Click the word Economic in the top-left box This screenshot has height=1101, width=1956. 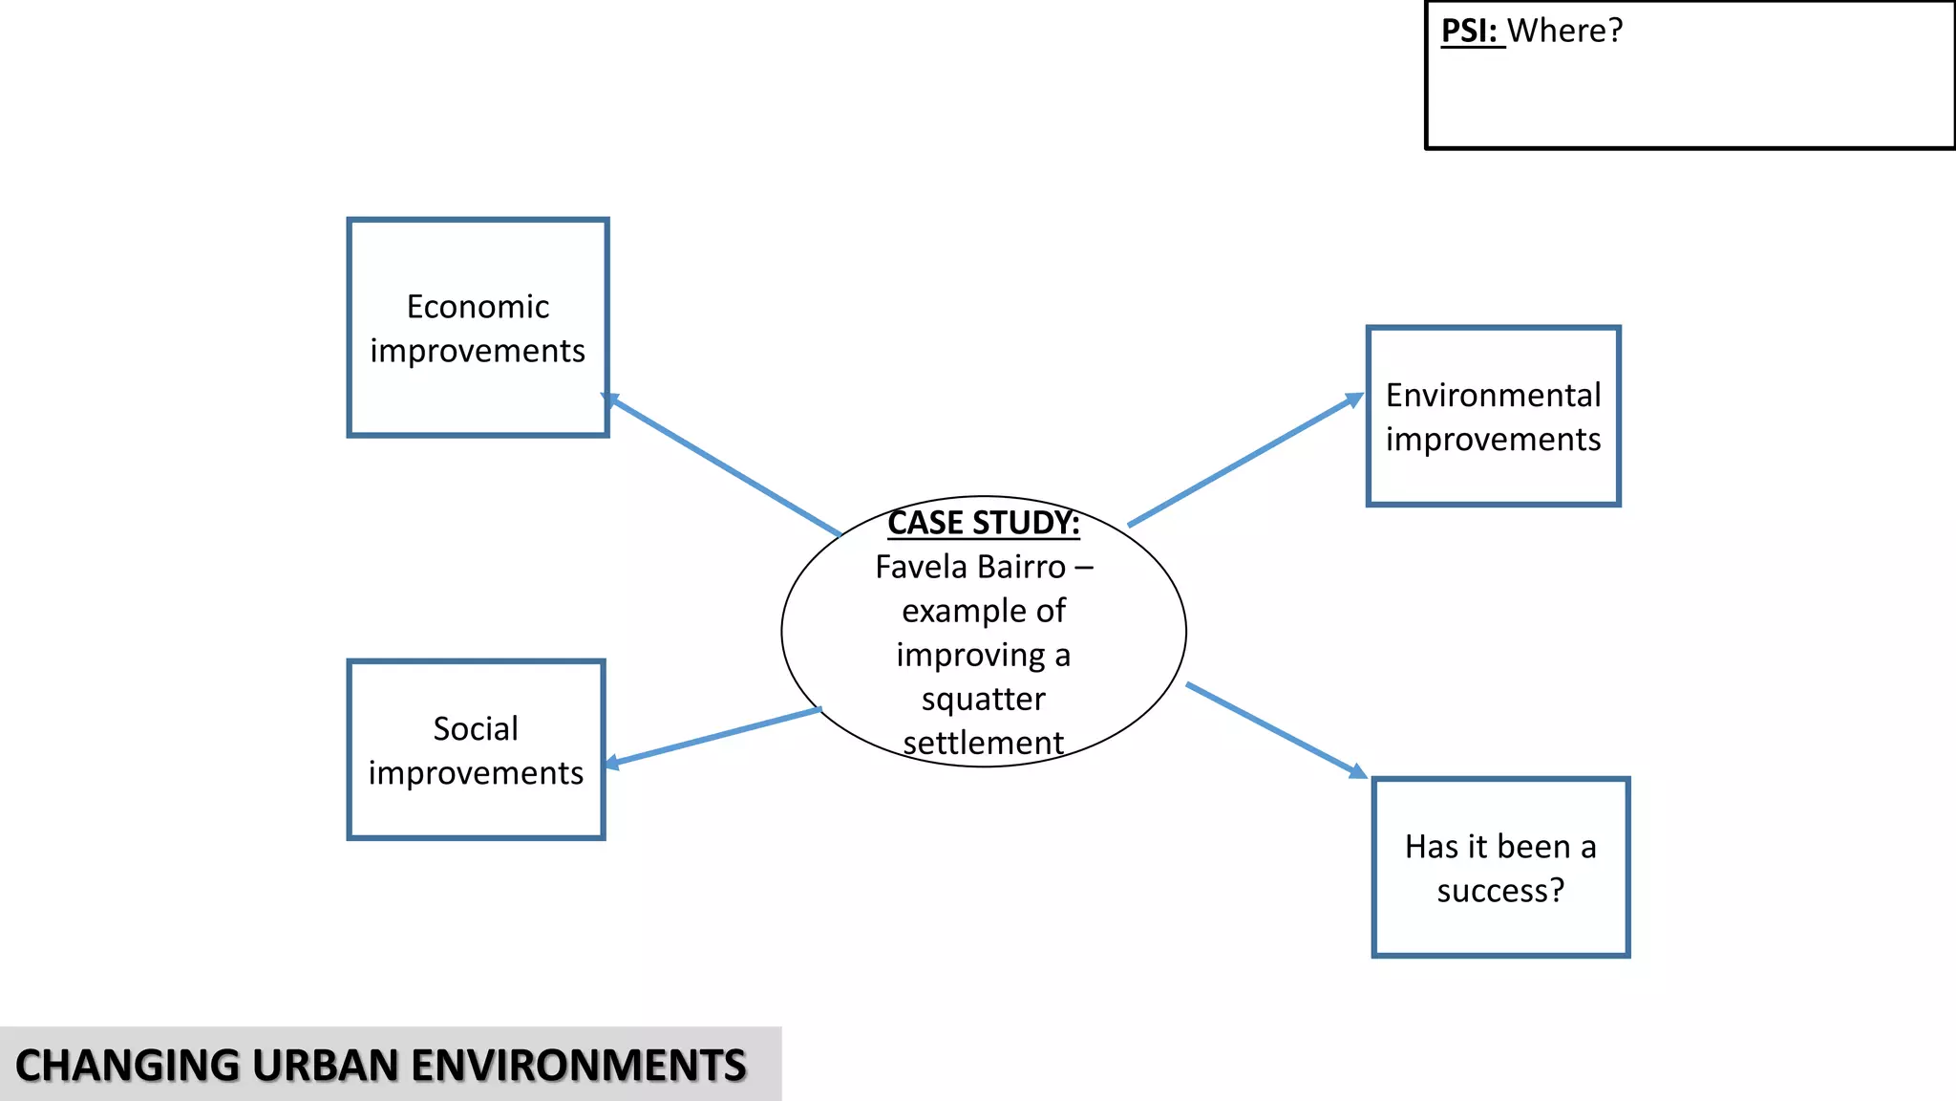click(478, 307)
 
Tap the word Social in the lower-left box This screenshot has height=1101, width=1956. click(476, 729)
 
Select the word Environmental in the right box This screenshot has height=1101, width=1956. click(1493, 396)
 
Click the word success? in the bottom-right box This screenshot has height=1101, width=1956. click(1500, 891)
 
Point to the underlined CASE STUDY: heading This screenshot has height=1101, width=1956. click(983, 523)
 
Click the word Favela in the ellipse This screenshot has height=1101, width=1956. click(921, 567)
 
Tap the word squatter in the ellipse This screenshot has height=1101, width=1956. click(983, 700)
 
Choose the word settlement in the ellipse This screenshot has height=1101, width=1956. click(983, 743)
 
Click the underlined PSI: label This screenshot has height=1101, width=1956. click(1470, 31)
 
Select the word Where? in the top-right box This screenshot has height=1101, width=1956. click(1565, 31)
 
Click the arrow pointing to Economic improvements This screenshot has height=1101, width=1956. click(723, 465)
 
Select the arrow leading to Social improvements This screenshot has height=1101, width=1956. click(713, 737)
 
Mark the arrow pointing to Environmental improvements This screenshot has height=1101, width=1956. click(1245, 460)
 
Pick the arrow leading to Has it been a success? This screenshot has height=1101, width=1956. click(1276, 729)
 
